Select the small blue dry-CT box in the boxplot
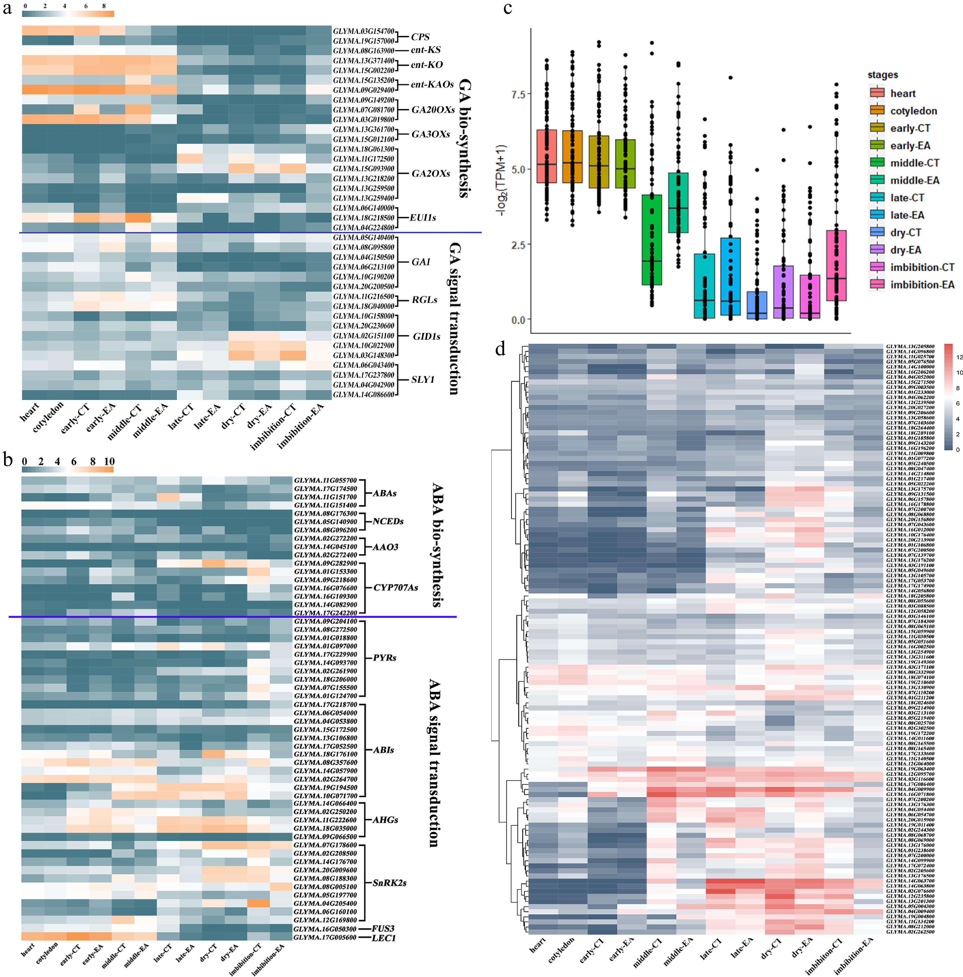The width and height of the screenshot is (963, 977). tap(757, 305)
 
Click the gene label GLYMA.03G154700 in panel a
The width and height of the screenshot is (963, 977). tap(363, 31)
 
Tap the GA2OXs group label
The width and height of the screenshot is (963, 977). tap(430, 173)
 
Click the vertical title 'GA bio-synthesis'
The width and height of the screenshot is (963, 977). tap(464, 138)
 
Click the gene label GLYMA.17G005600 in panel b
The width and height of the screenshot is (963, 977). tap(325, 938)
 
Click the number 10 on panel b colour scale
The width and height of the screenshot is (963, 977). tap(109, 461)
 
